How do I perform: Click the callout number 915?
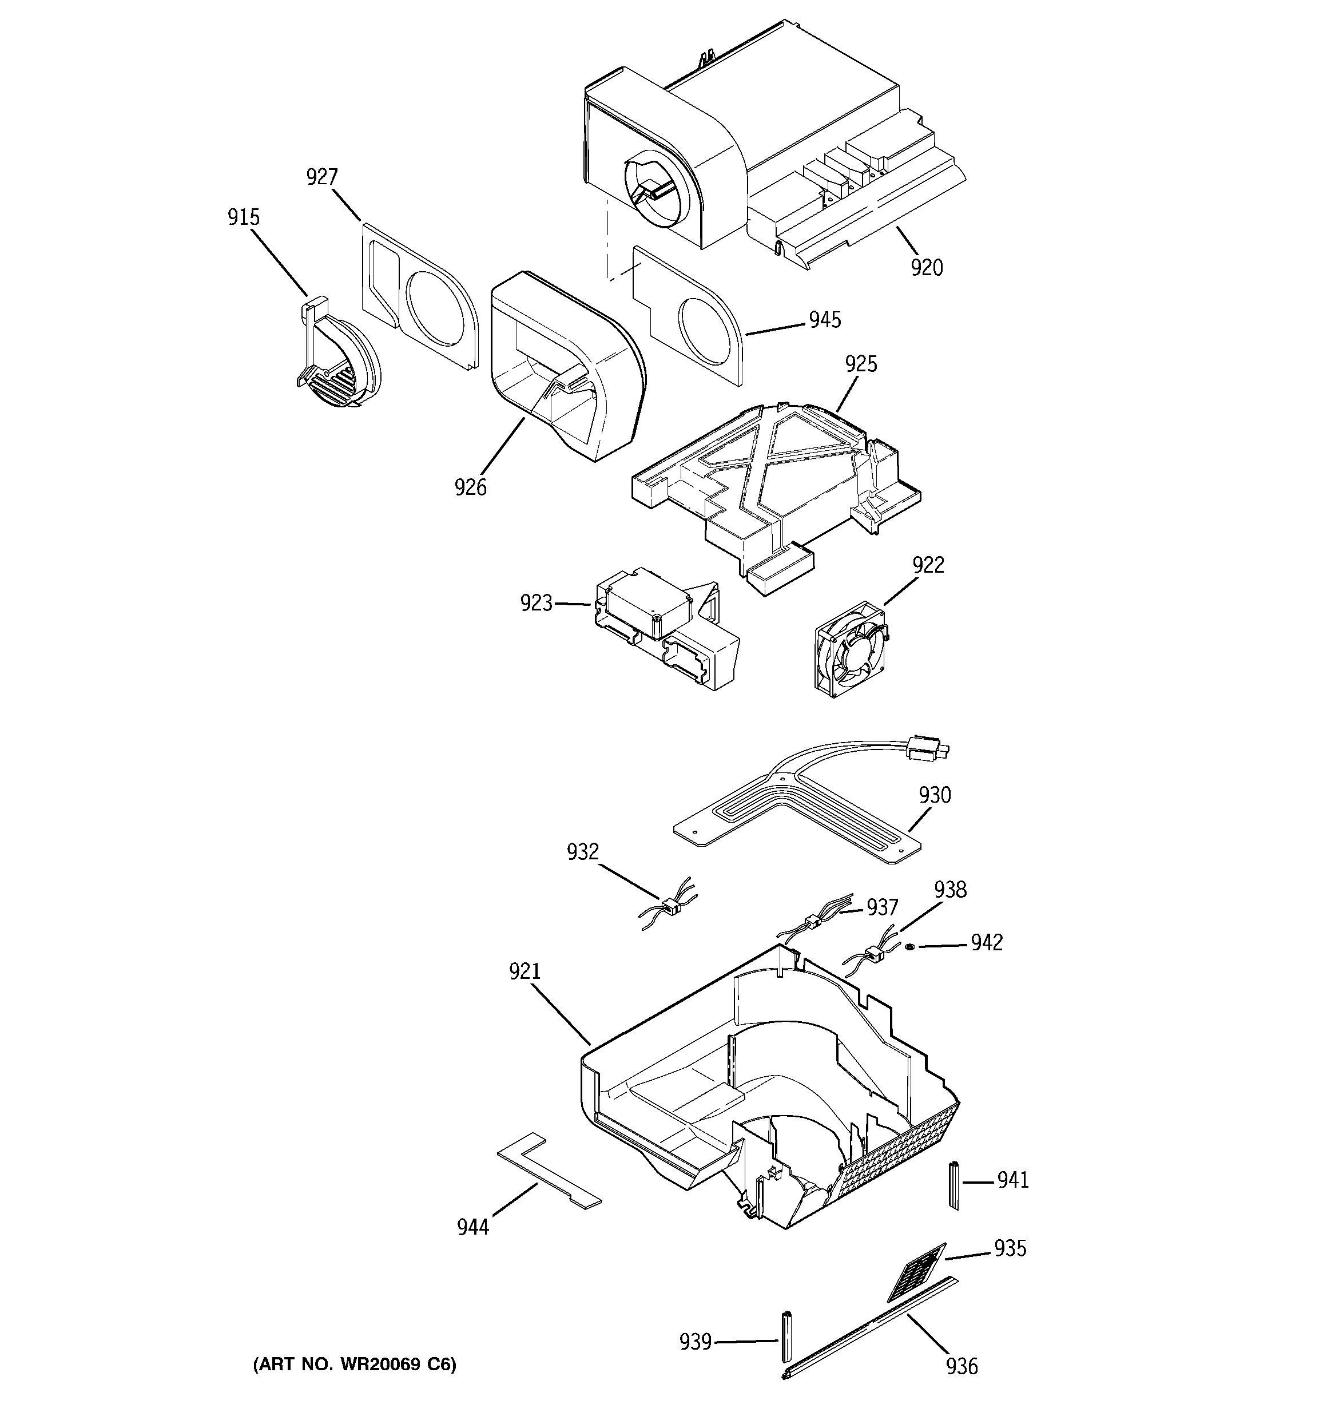point(244,217)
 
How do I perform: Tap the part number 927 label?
point(322,177)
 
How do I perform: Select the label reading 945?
point(825,320)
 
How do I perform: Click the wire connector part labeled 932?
point(670,907)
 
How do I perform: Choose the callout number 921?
point(525,971)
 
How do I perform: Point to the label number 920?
point(927,268)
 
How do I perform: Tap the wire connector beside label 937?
point(810,922)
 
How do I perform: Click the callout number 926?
point(471,487)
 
